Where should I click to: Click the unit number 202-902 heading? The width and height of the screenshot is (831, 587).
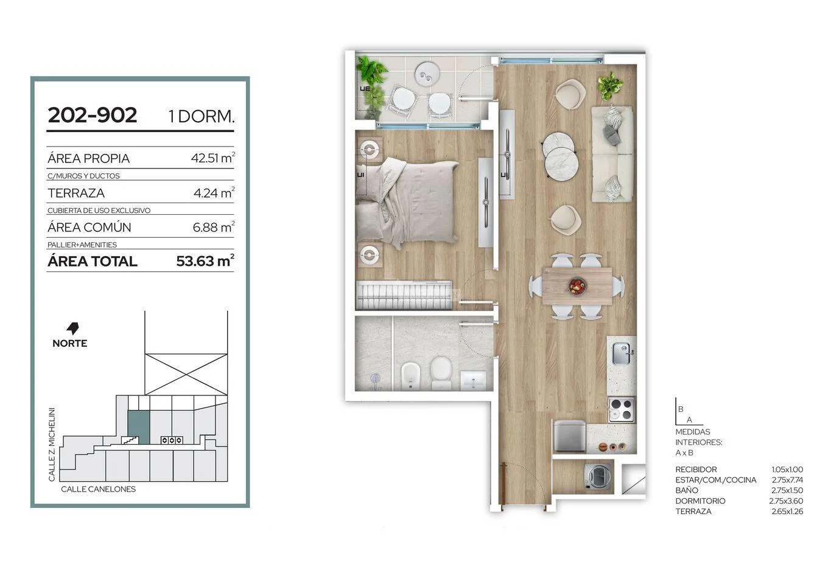click(93, 115)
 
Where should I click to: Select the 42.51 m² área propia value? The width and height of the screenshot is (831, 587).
click(213, 158)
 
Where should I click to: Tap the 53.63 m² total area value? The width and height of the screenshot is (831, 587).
click(205, 261)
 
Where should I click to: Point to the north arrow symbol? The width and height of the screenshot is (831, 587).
click(72, 328)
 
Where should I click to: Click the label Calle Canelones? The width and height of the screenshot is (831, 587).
click(98, 489)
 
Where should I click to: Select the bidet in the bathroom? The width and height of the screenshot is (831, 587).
click(411, 375)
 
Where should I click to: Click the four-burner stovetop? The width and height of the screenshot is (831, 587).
click(622, 410)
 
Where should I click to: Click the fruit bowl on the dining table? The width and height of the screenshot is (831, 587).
click(577, 286)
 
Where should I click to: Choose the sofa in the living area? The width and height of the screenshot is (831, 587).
click(612, 154)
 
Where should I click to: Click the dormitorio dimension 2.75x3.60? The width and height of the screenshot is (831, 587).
click(786, 501)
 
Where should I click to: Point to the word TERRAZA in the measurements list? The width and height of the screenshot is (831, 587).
click(693, 512)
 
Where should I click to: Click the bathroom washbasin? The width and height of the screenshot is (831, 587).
click(472, 380)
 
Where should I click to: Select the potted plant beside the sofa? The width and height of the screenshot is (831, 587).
click(609, 86)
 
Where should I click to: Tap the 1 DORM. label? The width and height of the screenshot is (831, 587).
click(202, 116)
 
